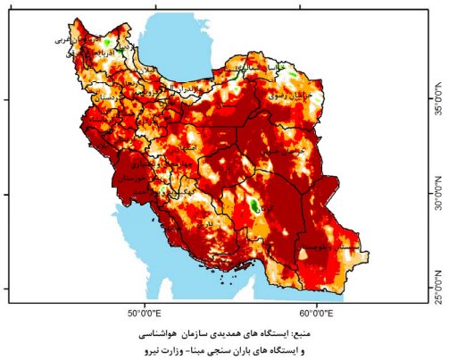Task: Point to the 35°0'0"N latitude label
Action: pyautogui.click(x=437, y=98)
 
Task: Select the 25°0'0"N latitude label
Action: pyautogui.click(x=437, y=288)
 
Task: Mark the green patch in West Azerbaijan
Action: pyautogui.click(x=107, y=41)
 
